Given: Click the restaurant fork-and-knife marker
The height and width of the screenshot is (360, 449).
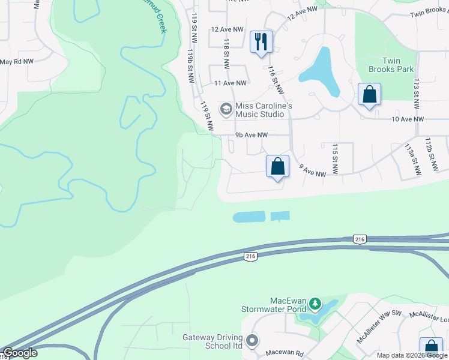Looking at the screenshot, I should point(261,42).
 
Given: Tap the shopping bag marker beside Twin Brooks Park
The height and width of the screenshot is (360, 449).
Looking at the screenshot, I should point(369,95).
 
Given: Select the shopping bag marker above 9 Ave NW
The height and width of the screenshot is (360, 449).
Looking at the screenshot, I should point(278,166).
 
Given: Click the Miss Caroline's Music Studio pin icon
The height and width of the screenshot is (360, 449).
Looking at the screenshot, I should point(226,109).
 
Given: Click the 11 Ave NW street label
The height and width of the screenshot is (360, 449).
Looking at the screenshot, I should point(231,83).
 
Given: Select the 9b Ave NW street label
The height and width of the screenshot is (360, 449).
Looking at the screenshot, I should point(251,135).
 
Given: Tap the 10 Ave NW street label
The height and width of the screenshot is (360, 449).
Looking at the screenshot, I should point(408,119).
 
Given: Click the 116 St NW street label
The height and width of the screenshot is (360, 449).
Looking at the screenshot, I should point(276,80).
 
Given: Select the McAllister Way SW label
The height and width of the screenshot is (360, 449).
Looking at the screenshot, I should point(378,327).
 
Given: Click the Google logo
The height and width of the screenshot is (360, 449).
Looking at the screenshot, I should point(20,353).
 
